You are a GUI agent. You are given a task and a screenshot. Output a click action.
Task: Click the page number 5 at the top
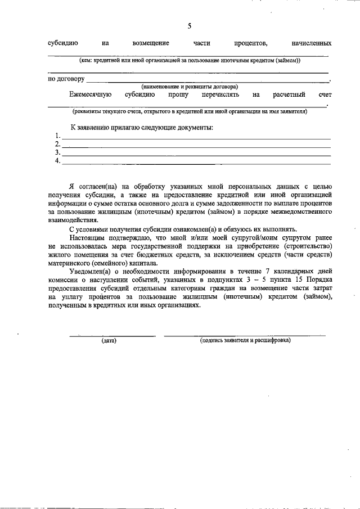pos(190,26)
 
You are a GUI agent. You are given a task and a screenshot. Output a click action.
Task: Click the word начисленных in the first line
pos(308,43)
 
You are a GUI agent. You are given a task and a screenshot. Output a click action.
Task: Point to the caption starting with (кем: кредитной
pos(190,60)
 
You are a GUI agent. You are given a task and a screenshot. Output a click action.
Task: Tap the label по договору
pos(66,79)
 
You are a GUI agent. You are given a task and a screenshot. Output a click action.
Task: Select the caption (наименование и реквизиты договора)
pos(190,87)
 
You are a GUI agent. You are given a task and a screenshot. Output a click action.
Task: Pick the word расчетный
pos(289,95)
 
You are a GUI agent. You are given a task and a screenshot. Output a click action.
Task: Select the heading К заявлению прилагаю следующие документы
pos(141,128)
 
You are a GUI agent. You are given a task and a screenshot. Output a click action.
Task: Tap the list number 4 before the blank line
pos(57,161)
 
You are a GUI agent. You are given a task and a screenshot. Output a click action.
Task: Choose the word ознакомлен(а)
pos(200,230)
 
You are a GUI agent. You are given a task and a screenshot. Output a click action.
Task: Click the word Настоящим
pos(87,239)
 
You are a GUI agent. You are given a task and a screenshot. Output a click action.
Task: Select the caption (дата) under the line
pos(109,341)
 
